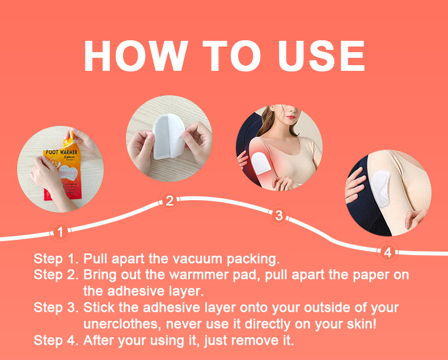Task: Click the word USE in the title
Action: pos(322,56)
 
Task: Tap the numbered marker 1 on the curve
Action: pos(60,232)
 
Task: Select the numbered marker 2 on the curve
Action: pos(170,201)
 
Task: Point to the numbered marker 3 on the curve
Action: pos(279,215)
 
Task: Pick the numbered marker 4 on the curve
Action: pos(387,252)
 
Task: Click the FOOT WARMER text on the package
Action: pos(61,152)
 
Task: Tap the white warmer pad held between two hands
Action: pos(168,136)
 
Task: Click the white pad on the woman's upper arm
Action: pos(259,163)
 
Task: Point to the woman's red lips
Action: pos(290,117)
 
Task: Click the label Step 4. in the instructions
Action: pos(56,341)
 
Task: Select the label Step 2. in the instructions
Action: pos(56,275)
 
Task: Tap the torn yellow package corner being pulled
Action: pos(69,139)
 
